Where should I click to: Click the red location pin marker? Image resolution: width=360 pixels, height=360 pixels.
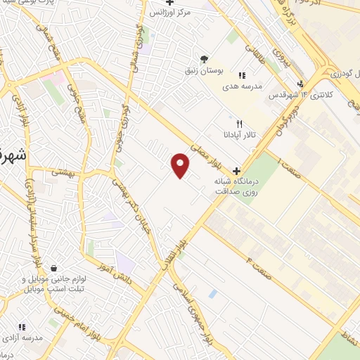pyautogui.click(x=181, y=165)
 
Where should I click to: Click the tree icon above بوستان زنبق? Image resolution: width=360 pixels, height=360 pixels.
pyautogui.click(x=205, y=58)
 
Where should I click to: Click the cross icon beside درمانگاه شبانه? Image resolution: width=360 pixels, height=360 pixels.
pyautogui.click(x=236, y=171)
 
